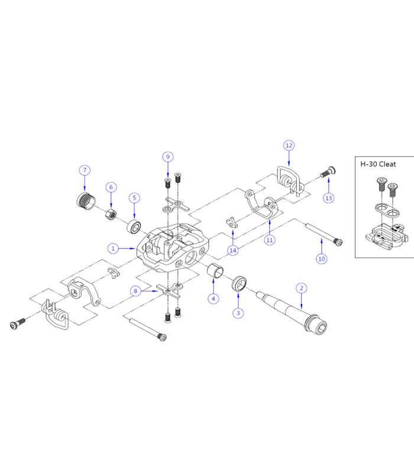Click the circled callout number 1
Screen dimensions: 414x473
tap(113, 248)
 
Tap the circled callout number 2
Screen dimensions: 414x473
tap(302, 288)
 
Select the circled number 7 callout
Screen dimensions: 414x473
tap(85, 170)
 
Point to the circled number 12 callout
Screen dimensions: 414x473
tap(289, 145)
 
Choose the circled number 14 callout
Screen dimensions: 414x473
tap(232, 250)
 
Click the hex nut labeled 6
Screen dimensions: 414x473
tap(111, 214)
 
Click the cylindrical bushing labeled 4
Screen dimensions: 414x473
tap(215, 270)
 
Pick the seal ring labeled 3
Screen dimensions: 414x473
tap(239, 284)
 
